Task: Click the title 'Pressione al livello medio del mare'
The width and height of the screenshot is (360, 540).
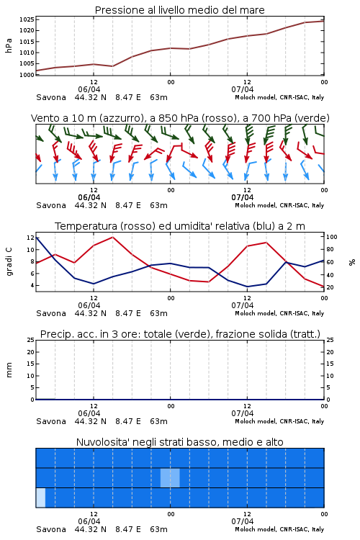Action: [179, 10]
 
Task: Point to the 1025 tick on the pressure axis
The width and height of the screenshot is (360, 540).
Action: [27, 19]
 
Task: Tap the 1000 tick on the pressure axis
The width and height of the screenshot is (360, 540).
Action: [27, 75]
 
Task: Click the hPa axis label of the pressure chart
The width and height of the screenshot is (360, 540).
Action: [9, 45]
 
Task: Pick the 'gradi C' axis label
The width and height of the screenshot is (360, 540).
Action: [9, 261]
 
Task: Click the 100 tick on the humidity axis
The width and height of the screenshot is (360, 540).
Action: [332, 237]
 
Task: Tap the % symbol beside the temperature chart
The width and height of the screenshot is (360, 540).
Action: [352, 262]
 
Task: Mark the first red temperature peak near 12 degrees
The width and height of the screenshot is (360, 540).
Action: [112, 237]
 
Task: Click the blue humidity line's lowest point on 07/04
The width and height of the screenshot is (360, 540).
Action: [247, 287]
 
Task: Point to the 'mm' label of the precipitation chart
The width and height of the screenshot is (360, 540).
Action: [9, 370]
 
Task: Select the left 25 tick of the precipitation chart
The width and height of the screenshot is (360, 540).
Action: [31, 340]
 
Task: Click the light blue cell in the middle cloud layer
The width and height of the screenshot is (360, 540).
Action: [170, 478]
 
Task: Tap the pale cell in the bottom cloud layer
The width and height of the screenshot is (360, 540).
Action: [40, 498]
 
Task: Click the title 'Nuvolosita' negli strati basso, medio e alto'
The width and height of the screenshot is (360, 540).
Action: [179, 442]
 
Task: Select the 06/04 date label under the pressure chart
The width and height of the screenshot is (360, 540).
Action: [89, 89]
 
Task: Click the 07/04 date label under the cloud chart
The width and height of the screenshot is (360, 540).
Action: [243, 521]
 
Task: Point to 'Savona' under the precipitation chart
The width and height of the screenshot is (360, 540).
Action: [51, 421]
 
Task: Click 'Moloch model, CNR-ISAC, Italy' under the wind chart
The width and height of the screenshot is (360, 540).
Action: [279, 205]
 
